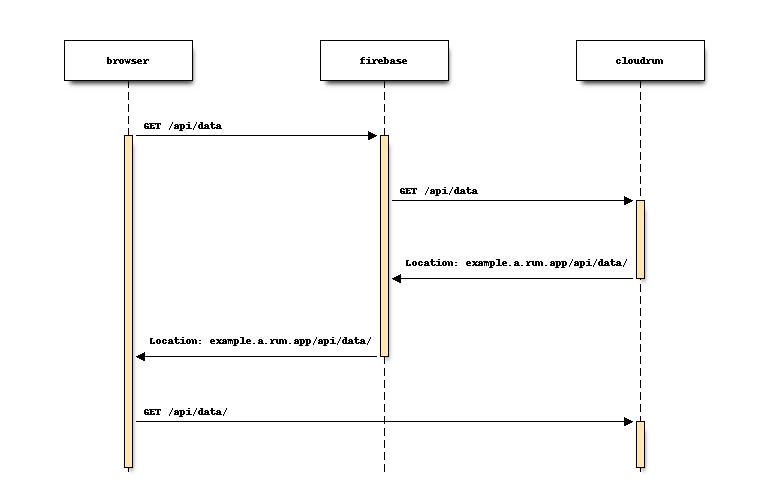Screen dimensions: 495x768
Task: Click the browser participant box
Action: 128,60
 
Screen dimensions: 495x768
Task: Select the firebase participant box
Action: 384,60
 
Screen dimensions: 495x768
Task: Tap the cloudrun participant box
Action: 640,60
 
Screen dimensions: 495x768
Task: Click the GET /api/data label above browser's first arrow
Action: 183,126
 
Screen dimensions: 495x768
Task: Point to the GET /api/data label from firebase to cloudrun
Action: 439,190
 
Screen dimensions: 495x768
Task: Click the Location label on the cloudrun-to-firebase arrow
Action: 516,263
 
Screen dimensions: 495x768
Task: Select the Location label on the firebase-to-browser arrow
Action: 260,341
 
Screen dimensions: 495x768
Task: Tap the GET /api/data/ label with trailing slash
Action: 185,411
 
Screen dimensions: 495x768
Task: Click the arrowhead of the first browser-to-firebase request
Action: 370,136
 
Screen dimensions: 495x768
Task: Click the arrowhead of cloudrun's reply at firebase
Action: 397,278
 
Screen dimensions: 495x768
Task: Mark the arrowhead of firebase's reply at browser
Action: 141,356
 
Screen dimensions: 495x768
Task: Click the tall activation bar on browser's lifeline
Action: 128,300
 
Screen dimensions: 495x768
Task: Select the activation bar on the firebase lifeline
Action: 384,245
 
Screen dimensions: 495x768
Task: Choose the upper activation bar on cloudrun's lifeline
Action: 640,239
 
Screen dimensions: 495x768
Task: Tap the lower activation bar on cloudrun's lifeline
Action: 640,443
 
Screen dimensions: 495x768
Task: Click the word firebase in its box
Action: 384,61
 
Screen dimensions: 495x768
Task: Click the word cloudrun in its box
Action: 640,61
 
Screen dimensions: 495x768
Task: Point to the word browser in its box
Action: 128,61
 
